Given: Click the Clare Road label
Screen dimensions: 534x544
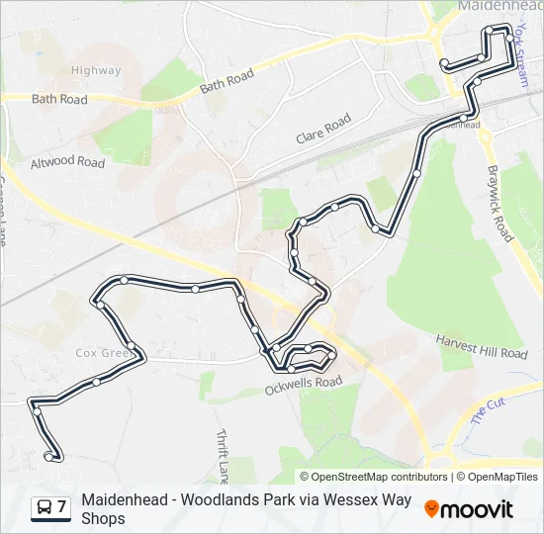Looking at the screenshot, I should click(x=323, y=130).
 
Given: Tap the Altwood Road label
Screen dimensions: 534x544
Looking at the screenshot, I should click(x=67, y=162).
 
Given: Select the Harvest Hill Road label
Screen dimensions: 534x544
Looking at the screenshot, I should click(x=482, y=346).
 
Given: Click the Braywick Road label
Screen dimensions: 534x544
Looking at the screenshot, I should click(x=499, y=203).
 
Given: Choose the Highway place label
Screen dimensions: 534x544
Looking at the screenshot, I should click(x=96, y=70).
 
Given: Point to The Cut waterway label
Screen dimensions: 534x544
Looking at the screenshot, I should click(x=488, y=410).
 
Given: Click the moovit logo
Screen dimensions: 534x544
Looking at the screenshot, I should click(x=469, y=509).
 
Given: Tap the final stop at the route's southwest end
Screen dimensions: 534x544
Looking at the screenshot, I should click(x=49, y=456).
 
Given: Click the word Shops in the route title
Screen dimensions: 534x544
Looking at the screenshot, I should click(x=103, y=518).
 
